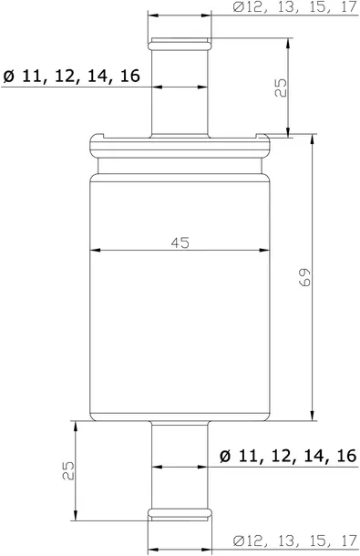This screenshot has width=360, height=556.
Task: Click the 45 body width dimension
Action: point(180,242)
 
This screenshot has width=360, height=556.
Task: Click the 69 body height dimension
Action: point(306,276)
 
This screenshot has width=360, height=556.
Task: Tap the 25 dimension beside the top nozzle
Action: point(282,88)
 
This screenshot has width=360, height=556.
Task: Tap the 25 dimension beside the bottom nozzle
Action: point(67,470)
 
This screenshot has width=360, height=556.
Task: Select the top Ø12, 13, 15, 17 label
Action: point(293,7)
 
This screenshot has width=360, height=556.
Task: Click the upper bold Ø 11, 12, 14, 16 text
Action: point(70,77)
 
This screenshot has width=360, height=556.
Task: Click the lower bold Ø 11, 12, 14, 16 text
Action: point(288,456)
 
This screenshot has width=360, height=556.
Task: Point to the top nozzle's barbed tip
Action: point(180,44)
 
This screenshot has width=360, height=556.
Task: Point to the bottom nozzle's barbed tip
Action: point(180,509)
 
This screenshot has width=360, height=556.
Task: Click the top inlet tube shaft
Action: point(180,100)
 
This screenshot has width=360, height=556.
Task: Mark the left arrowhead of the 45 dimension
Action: point(96,251)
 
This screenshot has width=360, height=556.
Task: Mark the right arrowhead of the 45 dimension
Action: point(265,251)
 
